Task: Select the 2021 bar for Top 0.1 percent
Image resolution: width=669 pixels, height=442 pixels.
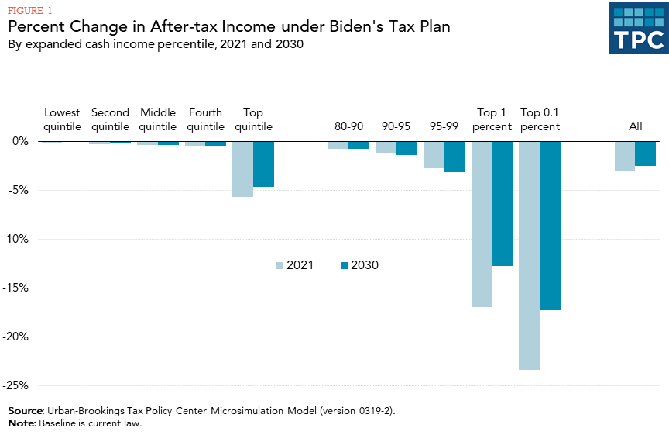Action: pos(529,255)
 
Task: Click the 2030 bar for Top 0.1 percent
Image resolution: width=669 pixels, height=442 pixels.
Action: pos(550,226)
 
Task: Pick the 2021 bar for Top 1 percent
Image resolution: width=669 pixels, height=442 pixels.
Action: pos(481,224)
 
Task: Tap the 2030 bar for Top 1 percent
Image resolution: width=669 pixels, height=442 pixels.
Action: pos(502,203)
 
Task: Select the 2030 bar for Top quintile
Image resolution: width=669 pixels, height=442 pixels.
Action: pos(263,164)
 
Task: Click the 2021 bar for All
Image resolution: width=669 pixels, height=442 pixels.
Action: pos(625,156)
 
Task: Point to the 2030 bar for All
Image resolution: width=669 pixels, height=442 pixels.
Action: pos(646,154)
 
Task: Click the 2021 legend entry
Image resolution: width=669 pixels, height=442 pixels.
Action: pos(293,265)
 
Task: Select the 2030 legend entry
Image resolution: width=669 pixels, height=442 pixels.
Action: pos(359,265)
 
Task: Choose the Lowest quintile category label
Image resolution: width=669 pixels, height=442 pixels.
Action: pos(62,119)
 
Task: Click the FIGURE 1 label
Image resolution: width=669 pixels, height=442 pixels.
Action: pos(32,10)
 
